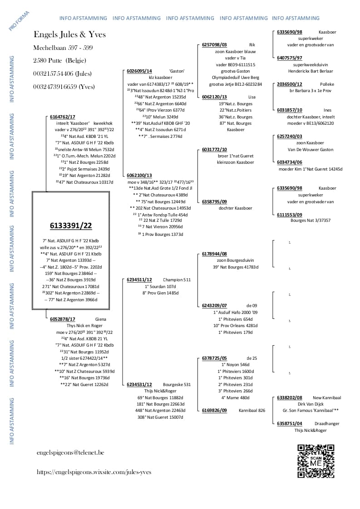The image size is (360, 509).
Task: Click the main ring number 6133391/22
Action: pyautogui.click(x=70, y=225)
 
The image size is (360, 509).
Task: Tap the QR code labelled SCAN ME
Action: pyautogui.click(x=316, y=461)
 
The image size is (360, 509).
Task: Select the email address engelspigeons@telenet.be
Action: pyautogui.click(x=70, y=452)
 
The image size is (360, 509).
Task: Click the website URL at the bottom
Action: pyautogui.click(x=94, y=472)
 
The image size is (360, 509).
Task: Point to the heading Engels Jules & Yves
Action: pyautogui.click(x=70, y=35)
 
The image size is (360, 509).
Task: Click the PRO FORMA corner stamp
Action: pyautogui.click(x=19, y=21)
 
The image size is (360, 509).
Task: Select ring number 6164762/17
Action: pyautogui.click(x=63, y=117)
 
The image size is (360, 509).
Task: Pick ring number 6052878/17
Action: pyautogui.click(x=63, y=319)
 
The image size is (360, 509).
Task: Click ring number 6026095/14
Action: pyautogui.click(x=139, y=71)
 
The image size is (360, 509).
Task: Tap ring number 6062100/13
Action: pyautogui.click(x=139, y=175)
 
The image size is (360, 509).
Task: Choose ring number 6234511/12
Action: pyautogui.click(x=139, y=280)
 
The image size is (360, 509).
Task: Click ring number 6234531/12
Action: pyautogui.click(x=139, y=384)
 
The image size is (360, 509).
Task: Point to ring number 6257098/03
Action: pyautogui.click(x=214, y=45)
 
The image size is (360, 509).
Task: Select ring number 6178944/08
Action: pyautogui.click(x=214, y=254)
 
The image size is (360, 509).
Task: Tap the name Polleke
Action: pyautogui.click(x=327, y=84)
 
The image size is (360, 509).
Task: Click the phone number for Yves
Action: pyautogui.click(x=64, y=87)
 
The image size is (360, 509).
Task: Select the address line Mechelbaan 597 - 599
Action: pyautogui.click(x=63, y=48)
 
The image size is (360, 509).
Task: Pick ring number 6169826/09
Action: pyautogui.click(x=214, y=411)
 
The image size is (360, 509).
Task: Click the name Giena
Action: pyautogui.click(x=100, y=319)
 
